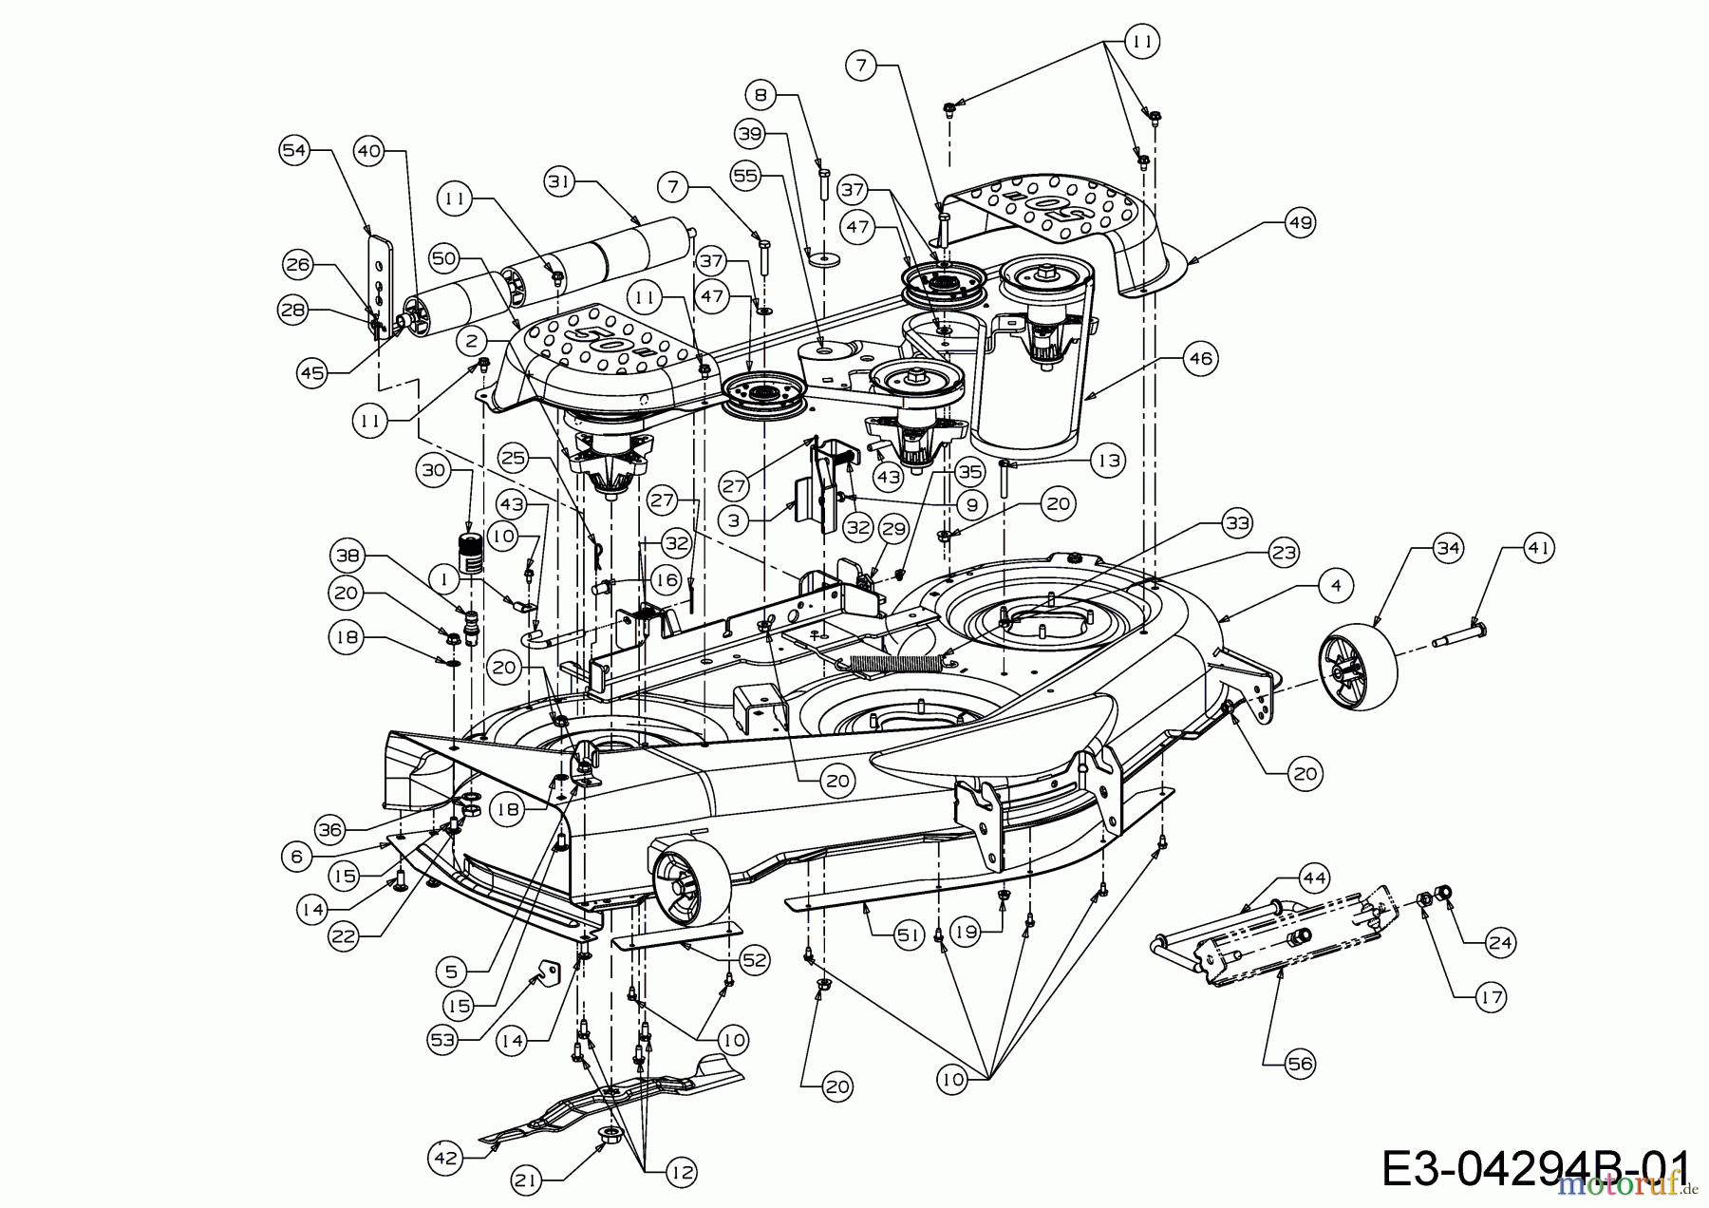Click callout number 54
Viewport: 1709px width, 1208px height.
(294, 150)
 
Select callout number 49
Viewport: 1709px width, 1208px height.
(1300, 223)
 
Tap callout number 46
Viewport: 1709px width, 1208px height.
(1201, 358)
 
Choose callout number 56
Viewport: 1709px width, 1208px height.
(1300, 1064)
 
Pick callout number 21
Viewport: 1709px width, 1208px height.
(527, 1180)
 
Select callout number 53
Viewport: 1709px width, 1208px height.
(443, 1040)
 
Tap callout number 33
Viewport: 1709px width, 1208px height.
(1237, 522)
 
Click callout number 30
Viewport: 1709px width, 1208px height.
(433, 470)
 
